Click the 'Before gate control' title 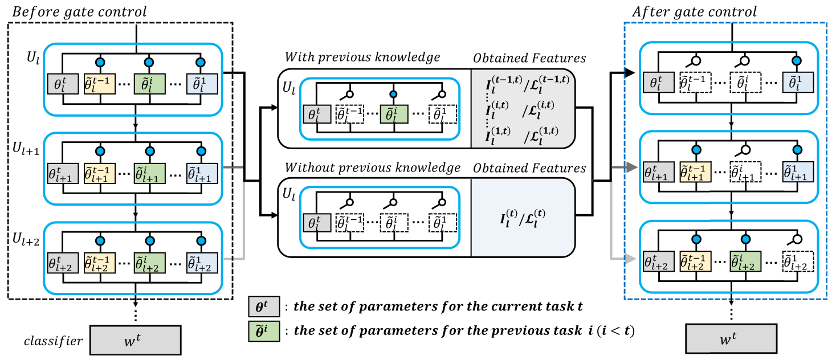point(79,11)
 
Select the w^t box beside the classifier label point(136,340)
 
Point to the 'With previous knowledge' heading point(362,58)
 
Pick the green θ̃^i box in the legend point(264,332)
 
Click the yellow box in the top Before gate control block point(99,84)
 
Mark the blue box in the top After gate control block point(798,84)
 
